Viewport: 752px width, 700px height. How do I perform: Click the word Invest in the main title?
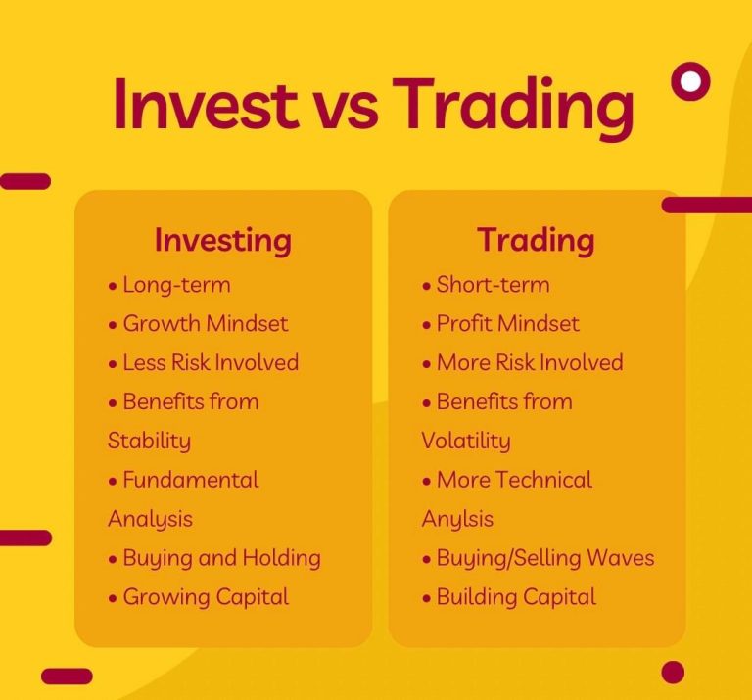click(x=205, y=104)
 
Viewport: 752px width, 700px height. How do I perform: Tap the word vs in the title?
click(x=348, y=112)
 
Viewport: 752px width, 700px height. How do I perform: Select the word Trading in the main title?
click(x=514, y=109)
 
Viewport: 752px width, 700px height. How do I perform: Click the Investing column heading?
click(x=223, y=241)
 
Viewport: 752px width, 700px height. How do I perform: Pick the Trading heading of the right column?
click(x=536, y=241)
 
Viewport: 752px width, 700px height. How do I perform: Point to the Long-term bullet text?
click(x=176, y=284)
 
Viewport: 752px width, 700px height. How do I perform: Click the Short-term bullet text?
click(x=493, y=284)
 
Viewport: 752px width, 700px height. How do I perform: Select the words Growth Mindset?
click(x=206, y=324)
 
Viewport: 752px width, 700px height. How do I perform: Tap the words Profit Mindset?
click(x=507, y=324)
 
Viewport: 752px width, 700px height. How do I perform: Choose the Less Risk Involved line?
click(x=211, y=363)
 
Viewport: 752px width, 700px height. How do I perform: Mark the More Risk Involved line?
click(x=530, y=363)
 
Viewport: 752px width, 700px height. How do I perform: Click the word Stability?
click(x=149, y=442)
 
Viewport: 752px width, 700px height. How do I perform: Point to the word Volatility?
click(x=466, y=442)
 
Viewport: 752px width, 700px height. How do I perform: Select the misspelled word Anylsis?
click(x=457, y=520)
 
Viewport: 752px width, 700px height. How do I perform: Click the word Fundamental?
click(x=190, y=480)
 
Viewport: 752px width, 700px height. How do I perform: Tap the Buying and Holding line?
click(x=221, y=559)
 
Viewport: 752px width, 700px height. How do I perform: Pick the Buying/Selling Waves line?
click(x=544, y=559)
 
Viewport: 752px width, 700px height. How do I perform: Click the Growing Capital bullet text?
click(x=206, y=598)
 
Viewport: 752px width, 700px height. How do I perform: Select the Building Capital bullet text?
click(x=516, y=598)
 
